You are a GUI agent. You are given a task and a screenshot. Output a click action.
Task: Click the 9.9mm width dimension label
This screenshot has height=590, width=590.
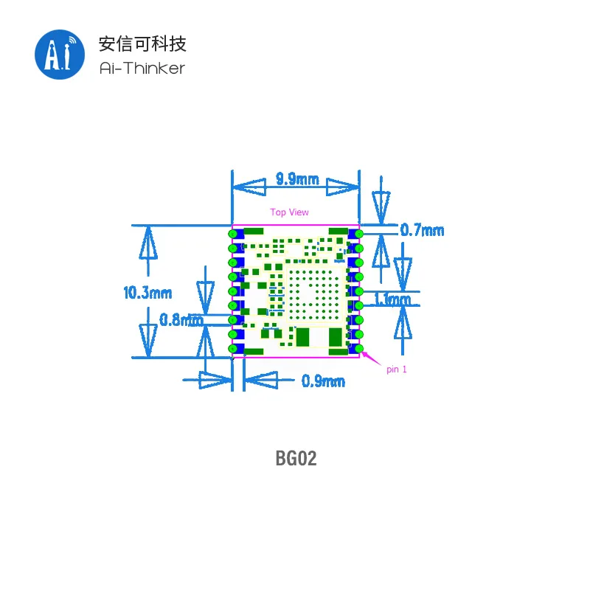click(297, 179)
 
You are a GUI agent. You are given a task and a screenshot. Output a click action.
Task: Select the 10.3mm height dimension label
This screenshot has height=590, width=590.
click(147, 293)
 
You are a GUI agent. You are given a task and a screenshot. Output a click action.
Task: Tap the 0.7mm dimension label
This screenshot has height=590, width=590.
click(422, 230)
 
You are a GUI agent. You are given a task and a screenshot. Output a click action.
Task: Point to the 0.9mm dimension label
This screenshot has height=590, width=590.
click(323, 381)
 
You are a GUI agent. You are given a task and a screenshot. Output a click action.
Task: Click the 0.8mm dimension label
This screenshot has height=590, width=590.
click(181, 320)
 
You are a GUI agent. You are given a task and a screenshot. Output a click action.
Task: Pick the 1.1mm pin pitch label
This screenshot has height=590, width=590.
click(393, 299)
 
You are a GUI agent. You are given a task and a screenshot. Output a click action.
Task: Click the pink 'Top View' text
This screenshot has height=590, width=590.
click(289, 212)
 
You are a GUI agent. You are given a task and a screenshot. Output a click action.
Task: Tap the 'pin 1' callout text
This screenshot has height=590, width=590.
click(397, 369)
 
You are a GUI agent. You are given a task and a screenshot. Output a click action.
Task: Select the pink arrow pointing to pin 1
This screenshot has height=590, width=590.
click(372, 358)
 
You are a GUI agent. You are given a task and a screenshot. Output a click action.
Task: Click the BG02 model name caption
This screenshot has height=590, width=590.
click(296, 458)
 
